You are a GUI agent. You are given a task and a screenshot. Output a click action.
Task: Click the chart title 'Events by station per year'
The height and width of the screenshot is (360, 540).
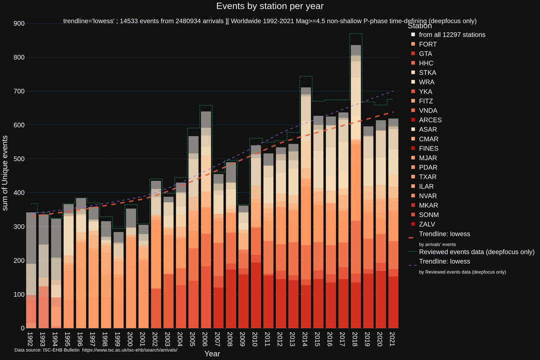270,6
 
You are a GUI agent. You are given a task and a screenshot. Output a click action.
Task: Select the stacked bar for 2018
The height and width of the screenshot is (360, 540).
356,200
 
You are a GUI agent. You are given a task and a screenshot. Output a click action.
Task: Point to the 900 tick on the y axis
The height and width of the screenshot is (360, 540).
19,23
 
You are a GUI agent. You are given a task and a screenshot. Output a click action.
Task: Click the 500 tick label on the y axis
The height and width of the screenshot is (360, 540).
19,159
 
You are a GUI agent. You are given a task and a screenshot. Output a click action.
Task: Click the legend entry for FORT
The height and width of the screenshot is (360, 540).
427,44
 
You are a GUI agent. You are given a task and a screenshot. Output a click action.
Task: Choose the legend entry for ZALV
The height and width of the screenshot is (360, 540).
427,224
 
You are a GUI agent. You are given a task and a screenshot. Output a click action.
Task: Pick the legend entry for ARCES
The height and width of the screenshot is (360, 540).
430,120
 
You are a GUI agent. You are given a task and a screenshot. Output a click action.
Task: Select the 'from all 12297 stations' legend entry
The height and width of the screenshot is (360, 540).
451,34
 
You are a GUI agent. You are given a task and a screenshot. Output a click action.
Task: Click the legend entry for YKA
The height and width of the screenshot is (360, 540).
425,91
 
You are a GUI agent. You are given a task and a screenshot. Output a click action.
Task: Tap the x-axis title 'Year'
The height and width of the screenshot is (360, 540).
212,353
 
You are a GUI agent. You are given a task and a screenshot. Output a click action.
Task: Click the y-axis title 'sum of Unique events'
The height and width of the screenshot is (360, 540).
6,172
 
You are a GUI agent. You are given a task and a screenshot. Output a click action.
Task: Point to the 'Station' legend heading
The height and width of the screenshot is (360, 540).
419,25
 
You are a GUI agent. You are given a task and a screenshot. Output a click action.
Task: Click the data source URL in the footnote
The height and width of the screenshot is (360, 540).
133,349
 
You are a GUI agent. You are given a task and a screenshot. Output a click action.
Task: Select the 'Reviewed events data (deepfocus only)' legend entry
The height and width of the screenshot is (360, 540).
476,251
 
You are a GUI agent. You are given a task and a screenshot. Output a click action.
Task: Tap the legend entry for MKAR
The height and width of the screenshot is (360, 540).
428,205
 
